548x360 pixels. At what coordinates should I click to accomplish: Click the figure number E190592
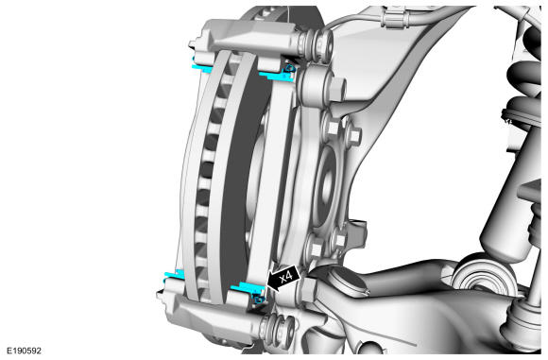(x=25, y=351)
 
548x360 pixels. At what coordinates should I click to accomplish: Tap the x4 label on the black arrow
(x=286, y=278)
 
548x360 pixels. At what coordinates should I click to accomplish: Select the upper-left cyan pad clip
(x=201, y=66)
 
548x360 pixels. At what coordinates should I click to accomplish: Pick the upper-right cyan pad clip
(x=278, y=74)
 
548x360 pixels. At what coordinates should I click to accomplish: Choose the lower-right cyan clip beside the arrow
(x=248, y=292)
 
